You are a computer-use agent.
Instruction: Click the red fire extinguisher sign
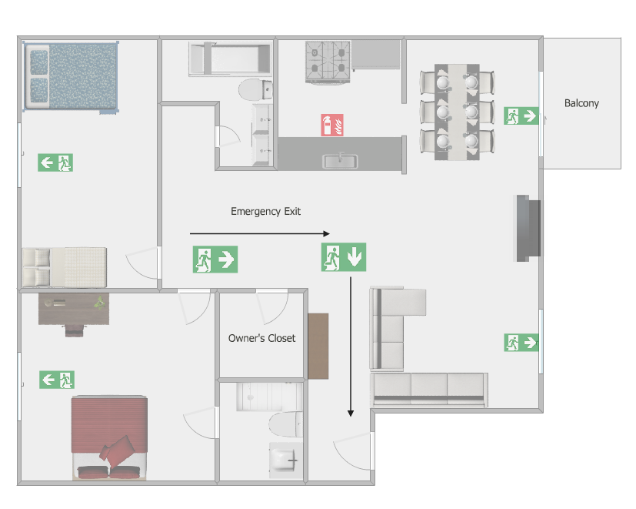[332, 125]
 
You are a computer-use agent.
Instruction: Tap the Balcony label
[581, 103]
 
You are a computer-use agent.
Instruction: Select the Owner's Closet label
[261, 338]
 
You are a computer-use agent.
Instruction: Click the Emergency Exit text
[265, 211]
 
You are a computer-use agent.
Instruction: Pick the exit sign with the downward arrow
[344, 257]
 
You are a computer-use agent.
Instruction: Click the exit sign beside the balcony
[521, 116]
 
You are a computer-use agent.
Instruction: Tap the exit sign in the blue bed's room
[55, 162]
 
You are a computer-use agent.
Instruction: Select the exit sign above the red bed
[57, 380]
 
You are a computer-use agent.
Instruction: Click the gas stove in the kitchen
[328, 62]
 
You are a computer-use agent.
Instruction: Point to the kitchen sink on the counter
[340, 161]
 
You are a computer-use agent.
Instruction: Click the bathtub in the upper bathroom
[231, 59]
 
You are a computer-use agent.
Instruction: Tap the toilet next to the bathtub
[255, 90]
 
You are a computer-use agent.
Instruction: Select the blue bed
[71, 76]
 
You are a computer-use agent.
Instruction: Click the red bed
[109, 438]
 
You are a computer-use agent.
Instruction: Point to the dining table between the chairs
[457, 112]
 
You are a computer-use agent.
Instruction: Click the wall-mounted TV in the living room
[528, 228]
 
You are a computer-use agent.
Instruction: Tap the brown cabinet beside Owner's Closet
[318, 346]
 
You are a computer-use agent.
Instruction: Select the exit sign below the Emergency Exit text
[215, 260]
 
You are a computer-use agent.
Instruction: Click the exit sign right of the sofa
[521, 343]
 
